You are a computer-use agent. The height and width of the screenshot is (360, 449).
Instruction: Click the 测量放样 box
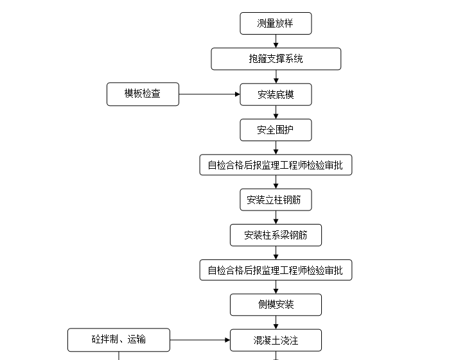tap(276, 24)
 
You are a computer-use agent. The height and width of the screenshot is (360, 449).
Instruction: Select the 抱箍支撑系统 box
tap(276, 59)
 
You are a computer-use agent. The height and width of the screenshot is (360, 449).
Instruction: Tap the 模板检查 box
tap(143, 94)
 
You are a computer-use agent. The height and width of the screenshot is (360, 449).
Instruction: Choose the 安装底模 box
tap(276, 94)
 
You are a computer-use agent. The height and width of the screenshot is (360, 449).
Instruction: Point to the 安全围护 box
tap(276, 130)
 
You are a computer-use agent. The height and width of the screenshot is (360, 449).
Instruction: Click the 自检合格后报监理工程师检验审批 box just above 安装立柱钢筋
tap(276, 165)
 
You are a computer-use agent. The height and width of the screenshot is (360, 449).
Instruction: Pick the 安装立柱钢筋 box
tap(276, 200)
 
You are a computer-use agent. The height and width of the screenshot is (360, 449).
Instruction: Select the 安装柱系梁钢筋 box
tap(276, 235)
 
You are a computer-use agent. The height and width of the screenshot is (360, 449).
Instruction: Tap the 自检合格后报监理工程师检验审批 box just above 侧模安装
tap(276, 270)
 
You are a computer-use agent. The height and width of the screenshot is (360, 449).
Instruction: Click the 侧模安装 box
tap(276, 305)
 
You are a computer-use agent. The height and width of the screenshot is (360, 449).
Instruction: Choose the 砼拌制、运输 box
tap(119, 339)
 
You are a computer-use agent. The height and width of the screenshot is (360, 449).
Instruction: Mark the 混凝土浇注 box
tap(276, 340)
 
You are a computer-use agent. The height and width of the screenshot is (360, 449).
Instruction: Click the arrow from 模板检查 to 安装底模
tap(209, 94)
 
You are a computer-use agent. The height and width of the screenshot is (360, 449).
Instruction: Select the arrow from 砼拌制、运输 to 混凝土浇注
tap(200, 340)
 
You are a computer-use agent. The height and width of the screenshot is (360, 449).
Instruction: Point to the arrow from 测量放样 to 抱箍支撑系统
tap(276, 41)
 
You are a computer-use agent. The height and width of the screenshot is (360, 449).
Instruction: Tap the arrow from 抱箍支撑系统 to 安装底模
tap(276, 76)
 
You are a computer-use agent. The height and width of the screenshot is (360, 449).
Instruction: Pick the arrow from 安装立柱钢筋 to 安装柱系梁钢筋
tap(276, 218)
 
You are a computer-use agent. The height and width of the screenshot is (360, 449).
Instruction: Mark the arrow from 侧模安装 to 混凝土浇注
tap(276, 322)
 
